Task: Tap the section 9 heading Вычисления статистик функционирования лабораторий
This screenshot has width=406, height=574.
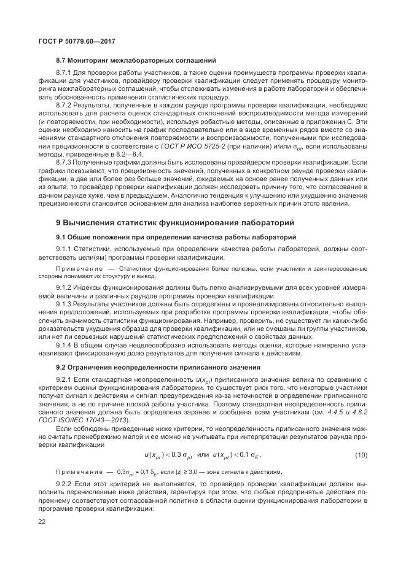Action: (175, 222)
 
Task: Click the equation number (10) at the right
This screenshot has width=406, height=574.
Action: (361, 454)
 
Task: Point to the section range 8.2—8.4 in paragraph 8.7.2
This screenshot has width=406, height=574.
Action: (135, 154)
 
